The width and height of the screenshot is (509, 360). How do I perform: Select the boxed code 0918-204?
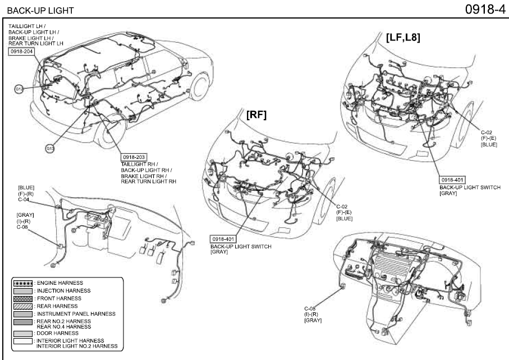click(21, 51)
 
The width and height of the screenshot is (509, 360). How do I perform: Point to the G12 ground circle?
click(19, 88)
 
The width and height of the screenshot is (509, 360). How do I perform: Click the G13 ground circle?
click(51, 148)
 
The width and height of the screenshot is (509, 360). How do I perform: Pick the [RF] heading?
click(256, 115)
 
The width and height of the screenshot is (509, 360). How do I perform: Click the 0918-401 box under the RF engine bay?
click(223, 239)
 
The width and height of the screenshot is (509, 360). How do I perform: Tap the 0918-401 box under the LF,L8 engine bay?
click(452, 180)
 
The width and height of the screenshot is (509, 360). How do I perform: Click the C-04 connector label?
click(24, 199)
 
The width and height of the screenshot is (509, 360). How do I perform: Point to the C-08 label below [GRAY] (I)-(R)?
click(22, 227)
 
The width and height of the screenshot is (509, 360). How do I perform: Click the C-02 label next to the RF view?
click(342, 207)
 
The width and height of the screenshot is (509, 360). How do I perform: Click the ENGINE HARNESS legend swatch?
click(22, 282)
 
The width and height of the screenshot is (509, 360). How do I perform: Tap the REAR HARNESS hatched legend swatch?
click(22, 306)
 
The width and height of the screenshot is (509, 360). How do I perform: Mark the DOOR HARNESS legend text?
click(57, 333)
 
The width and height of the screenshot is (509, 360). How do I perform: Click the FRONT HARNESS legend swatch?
click(22, 298)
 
